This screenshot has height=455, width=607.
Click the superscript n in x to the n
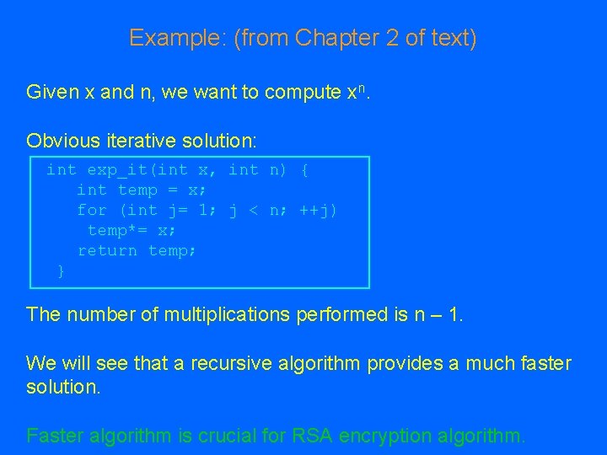pyautogui.click(x=363, y=88)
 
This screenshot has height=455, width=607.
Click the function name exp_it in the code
pyautogui.click(x=116, y=170)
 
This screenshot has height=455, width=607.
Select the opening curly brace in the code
pyautogui.click(x=304, y=170)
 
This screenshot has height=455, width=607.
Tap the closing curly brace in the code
pyautogui.click(x=61, y=271)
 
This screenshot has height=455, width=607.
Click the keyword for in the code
pyautogui.click(x=92, y=211)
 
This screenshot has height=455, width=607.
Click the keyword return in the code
pyautogui.click(x=107, y=251)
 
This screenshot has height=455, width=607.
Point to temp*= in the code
pyautogui.click(x=117, y=231)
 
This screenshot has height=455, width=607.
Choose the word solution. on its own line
pyautogui.click(x=62, y=388)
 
